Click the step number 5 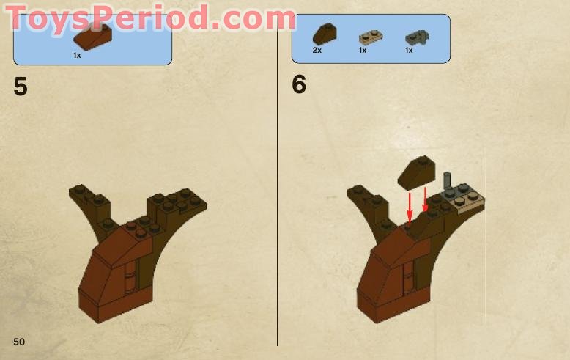point(21,87)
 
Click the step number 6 point(299,85)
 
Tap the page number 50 point(19,342)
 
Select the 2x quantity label point(317,51)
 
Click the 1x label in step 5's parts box point(77,55)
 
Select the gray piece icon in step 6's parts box point(414,36)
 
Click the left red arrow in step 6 point(410,204)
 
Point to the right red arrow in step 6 point(425,196)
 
